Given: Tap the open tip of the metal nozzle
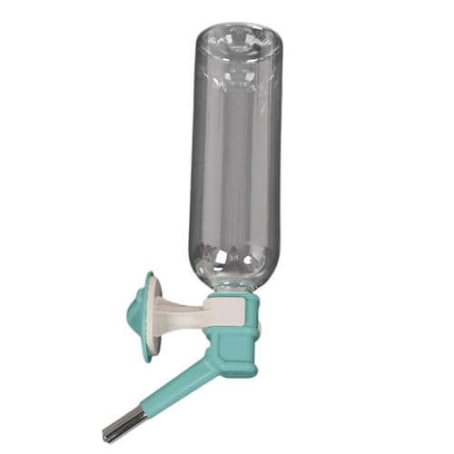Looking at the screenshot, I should (107, 437).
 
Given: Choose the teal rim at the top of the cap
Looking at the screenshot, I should (232, 298).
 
